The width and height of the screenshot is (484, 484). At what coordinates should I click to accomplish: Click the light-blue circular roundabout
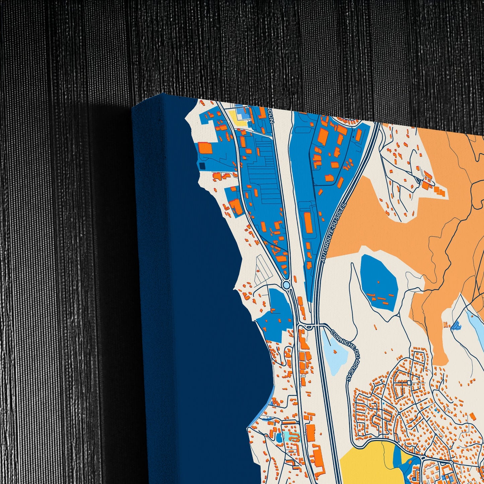(x=286, y=285)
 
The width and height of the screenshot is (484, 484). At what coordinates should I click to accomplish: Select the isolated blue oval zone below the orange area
(x=378, y=281)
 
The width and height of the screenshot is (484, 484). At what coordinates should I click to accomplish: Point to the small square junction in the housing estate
(x=409, y=383)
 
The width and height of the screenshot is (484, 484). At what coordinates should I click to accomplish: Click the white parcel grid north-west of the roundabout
(x=263, y=271)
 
